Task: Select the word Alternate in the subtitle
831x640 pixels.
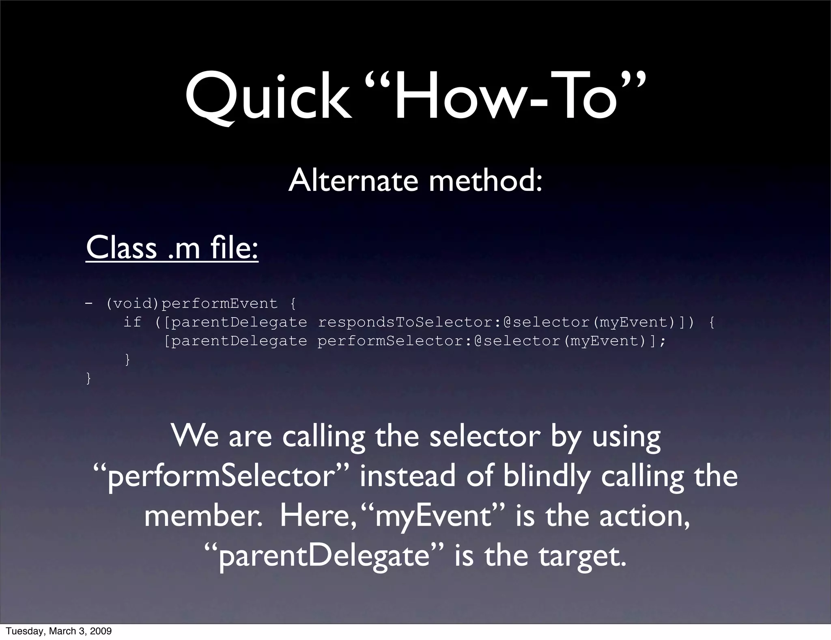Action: pos(353,180)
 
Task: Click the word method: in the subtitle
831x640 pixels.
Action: pos(485,180)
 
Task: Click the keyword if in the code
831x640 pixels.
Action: pos(132,322)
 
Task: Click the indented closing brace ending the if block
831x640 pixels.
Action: pos(127,359)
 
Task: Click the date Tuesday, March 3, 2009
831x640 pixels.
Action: pos(58,631)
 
